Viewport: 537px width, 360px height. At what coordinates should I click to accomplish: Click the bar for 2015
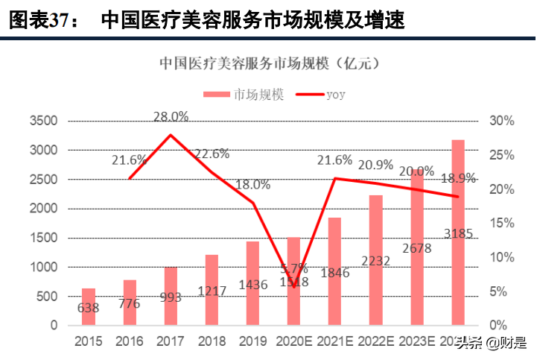tap(89, 306)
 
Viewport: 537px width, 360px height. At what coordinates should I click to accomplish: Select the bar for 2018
tap(212, 290)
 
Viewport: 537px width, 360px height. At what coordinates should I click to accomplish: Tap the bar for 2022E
tap(375, 260)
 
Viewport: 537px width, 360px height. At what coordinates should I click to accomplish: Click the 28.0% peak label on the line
tap(171, 116)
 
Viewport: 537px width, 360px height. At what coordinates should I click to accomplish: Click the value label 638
tap(89, 307)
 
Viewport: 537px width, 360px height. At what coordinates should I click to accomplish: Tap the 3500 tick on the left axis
tap(43, 121)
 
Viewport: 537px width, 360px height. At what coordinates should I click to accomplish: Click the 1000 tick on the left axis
tap(43, 267)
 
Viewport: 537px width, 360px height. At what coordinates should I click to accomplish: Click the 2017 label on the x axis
tap(171, 341)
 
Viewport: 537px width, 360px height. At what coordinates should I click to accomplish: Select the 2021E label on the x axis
tap(335, 341)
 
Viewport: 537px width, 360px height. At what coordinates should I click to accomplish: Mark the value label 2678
tap(417, 247)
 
